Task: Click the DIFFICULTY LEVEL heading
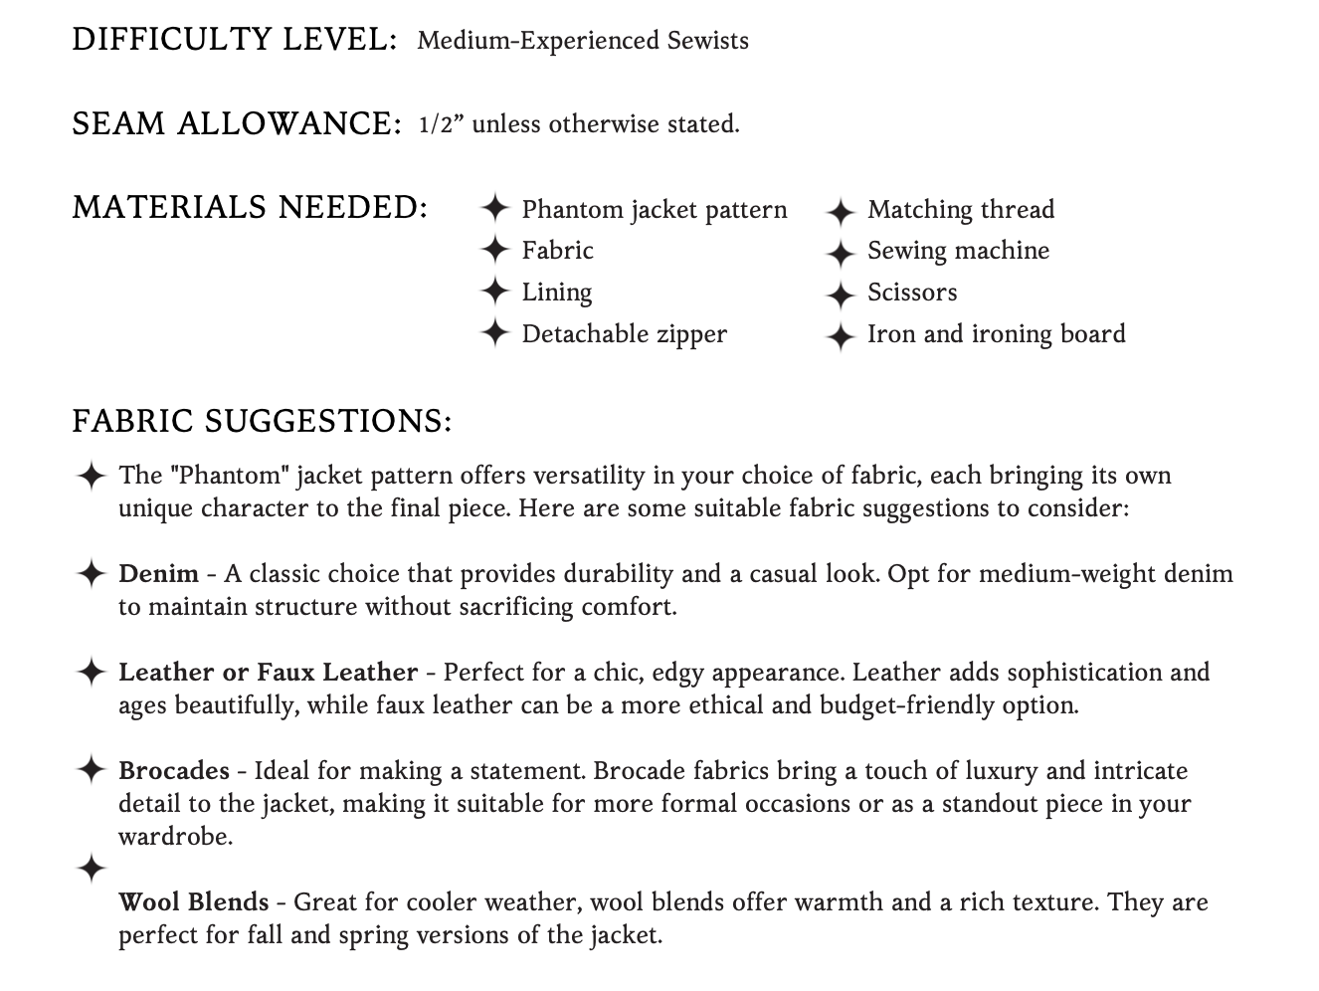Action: coord(235,40)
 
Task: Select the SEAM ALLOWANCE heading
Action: coord(236,124)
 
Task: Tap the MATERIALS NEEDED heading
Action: coord(250,208)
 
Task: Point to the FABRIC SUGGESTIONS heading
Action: coord(262,421)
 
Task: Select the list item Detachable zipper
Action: coord(624,334)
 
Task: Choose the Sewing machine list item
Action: coord(958,251)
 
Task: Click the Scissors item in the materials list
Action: coord(912,293)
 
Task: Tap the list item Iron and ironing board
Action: coord(996,334)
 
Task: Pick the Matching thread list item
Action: coord(960,210)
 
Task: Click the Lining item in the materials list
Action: coord(557,293)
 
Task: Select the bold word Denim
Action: coord(158,574)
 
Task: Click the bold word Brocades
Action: coord(174,771)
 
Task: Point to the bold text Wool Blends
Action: coord(193,902)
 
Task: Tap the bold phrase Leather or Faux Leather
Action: coord(268,673)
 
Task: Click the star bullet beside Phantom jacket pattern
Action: coord(494,209)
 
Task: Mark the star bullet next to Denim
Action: coord(91,574)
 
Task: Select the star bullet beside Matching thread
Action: coord(841,211)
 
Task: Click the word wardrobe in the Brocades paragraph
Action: coord(175,837)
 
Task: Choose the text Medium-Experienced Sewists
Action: coord(583,41)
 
